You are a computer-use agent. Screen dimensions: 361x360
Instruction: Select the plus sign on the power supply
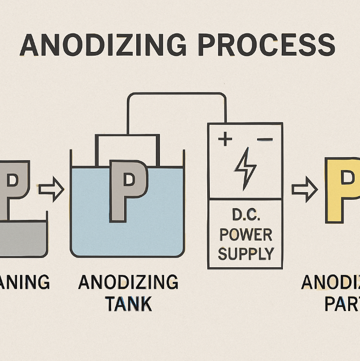coord(225,139)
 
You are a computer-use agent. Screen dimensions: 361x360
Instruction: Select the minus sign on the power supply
coord(264,139)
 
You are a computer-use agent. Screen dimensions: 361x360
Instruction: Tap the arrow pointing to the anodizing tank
coord(51,190)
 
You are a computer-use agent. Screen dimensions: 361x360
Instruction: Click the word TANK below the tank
coord(128,303)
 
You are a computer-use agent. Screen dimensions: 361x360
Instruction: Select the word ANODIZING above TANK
coord(128,282)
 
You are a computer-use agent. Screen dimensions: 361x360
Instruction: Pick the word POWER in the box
coord(245,234)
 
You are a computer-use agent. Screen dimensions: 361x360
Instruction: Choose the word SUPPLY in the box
coord(245,253)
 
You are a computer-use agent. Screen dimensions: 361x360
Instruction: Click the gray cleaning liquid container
coord(23,239)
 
